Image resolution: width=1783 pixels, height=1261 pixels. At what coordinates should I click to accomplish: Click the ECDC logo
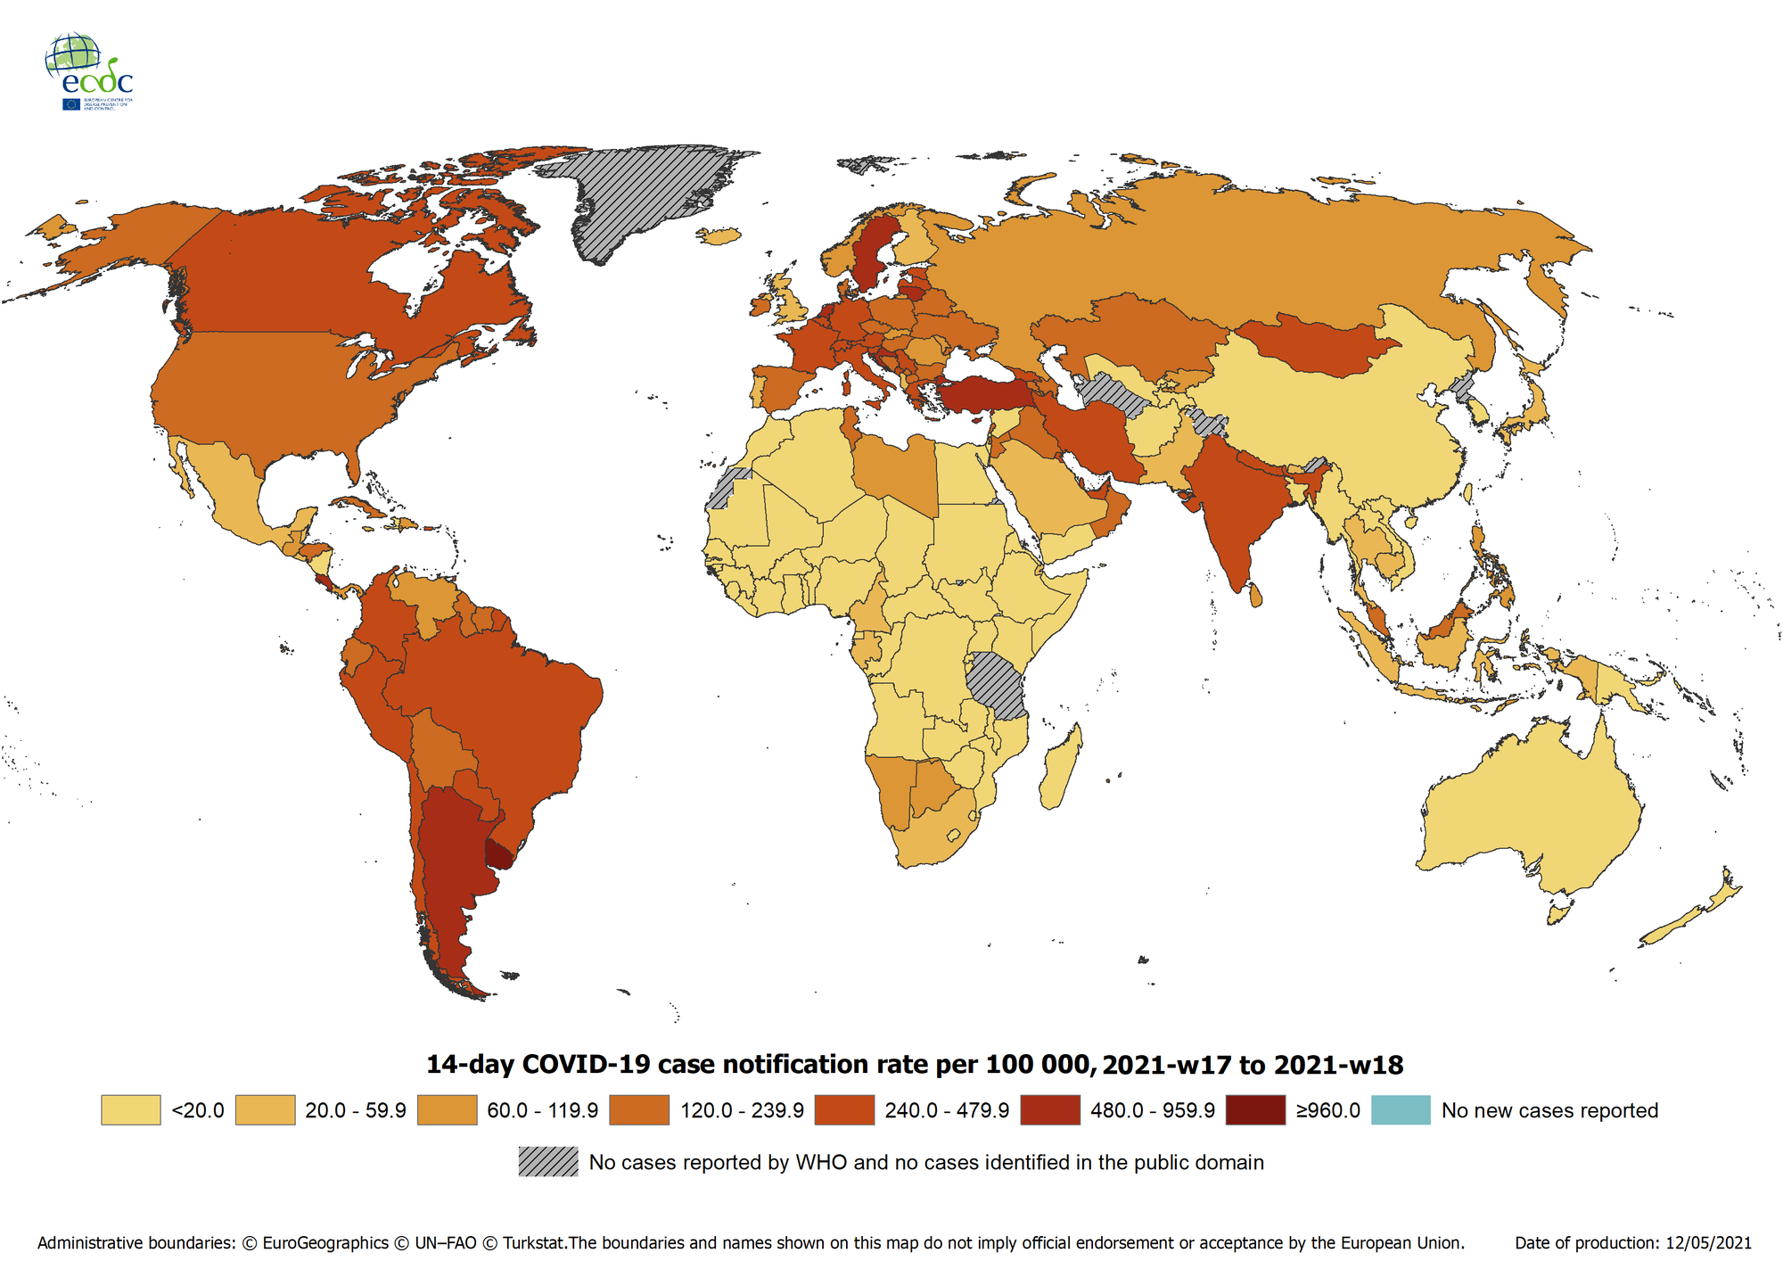(x=88, y=71)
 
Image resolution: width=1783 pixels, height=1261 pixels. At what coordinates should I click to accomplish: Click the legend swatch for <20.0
(x=130, y=1110)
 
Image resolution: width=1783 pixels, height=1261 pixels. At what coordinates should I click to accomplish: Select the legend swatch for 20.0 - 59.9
(x=265, y=1110)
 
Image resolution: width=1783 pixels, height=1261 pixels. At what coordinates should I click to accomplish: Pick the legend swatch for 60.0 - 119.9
(x=447, y=1110)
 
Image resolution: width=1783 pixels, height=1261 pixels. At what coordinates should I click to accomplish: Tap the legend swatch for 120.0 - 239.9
(x=639, y=1110)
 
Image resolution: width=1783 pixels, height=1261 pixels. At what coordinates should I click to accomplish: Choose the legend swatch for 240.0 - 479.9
(x=844, y=1110)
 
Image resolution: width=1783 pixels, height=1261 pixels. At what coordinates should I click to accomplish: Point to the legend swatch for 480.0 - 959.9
(x=1049, y=1110)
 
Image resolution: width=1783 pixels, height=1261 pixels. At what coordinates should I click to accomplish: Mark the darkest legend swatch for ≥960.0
(x=1255, y=1110)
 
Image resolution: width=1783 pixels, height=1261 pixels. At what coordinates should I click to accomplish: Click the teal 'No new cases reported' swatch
(x=1401, y=1110)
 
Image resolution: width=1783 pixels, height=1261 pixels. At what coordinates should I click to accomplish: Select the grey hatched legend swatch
(x=548, y=1162)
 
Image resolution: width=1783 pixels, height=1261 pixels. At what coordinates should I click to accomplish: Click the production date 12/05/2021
(x=1708, y=1243)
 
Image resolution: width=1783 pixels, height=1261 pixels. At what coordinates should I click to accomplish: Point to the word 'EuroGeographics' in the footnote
(x=325, y=1243)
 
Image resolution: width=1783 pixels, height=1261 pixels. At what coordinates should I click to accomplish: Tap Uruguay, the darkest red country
(x=500, y=853)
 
